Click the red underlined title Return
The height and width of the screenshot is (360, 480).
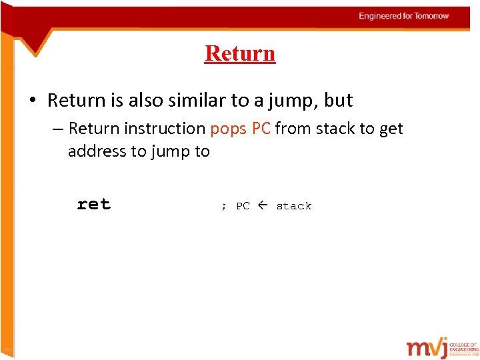(x=240, y=53)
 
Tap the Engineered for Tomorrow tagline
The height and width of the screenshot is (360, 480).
(x=403, y=16)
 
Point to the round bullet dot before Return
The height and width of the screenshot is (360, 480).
(x=33, y=101)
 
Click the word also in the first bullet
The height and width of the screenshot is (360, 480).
(x=151, y=101)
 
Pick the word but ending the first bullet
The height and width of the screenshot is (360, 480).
(x=338, y=101)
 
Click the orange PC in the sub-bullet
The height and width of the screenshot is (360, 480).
(x=261, y=128)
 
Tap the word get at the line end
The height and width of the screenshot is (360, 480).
(x=391, y=129)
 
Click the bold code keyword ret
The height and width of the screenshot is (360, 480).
(x=93, y=205)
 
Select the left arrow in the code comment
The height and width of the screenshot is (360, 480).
(x=263, y=206)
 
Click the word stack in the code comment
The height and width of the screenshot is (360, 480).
(x=294, y=206)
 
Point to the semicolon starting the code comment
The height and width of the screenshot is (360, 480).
(x=223, y=207)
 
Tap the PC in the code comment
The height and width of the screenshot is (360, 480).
(x=243, y=206)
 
